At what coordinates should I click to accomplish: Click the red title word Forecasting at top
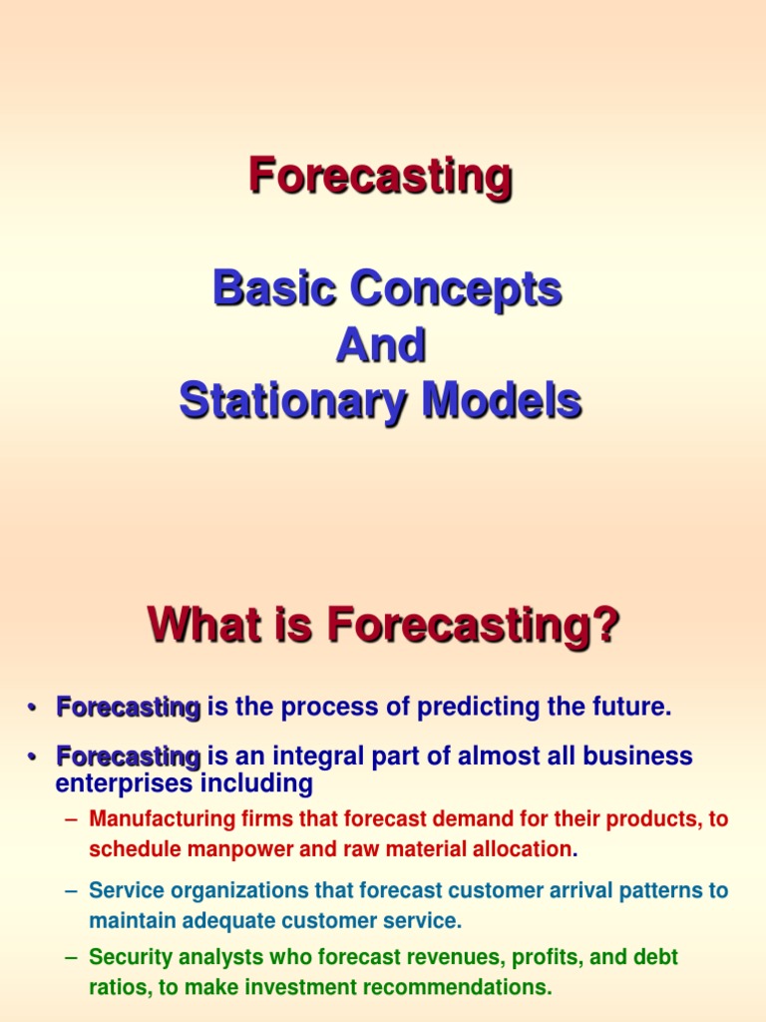(380, 178)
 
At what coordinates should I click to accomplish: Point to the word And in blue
(380, 346)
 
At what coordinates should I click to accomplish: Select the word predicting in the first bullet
(468, 708)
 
